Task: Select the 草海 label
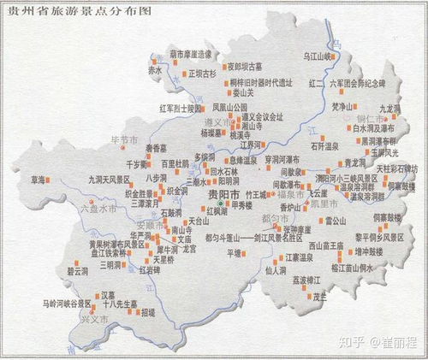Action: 38,180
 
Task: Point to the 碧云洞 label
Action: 77,271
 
